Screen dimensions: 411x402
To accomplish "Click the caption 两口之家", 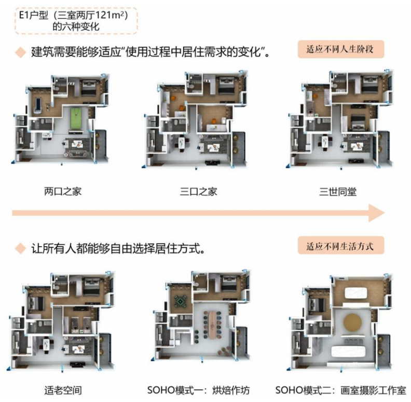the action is click(x=63, y=191).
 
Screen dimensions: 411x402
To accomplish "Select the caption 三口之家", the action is click(x=199, y=191).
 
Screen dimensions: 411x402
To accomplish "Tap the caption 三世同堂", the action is click(x=338, y=191).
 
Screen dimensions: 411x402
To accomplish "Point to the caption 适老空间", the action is click(x=63, y=389).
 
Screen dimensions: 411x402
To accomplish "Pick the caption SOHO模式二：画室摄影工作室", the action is click(x=340, y=389).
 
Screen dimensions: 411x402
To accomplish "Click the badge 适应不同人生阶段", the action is click(x=340, y=50).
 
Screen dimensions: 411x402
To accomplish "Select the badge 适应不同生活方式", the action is click(x=340, y=246).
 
